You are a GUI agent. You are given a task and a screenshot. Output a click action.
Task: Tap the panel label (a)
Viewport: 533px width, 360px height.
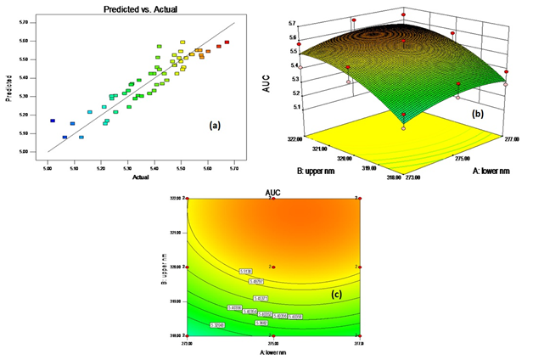[215, 126]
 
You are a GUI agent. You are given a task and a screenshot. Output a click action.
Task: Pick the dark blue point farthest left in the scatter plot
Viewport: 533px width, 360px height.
[53, 121]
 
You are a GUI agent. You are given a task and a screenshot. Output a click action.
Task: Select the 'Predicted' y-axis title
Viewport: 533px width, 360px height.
[10, 90]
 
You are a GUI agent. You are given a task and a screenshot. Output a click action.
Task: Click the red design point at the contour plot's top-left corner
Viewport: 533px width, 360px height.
[187, 200]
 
